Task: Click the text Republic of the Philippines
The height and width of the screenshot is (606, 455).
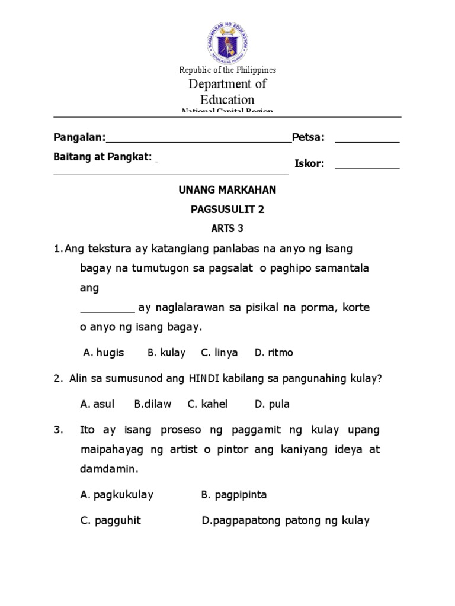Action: click(227, 70)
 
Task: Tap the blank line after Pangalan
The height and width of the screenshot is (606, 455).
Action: click(198, 141)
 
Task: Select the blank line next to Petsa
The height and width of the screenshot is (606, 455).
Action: click(367, 141)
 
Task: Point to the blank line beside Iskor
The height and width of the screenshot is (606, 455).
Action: click(367, 167)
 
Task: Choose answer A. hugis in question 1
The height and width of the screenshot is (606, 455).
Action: click(104, 353)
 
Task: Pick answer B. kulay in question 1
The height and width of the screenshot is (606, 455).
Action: click(166, 353)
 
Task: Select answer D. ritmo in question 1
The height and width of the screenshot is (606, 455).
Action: click(274, 353)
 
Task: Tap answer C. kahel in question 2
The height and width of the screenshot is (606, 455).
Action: click(207, 404)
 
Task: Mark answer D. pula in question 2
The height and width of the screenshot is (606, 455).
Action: click(272, 404)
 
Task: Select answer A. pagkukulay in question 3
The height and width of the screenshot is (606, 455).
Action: click(117, 495)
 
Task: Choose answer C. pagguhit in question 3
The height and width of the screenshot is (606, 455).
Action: click(110, 521)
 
